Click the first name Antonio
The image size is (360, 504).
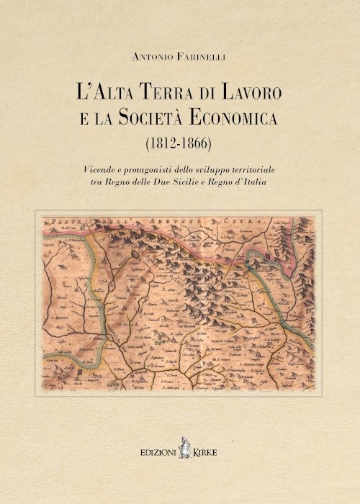coord(150,56)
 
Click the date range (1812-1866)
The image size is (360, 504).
coord(179,143)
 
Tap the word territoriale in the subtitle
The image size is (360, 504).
coord(258,169)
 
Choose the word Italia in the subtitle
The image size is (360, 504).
coord(266,183)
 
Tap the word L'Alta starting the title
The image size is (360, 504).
coord(108,93)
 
